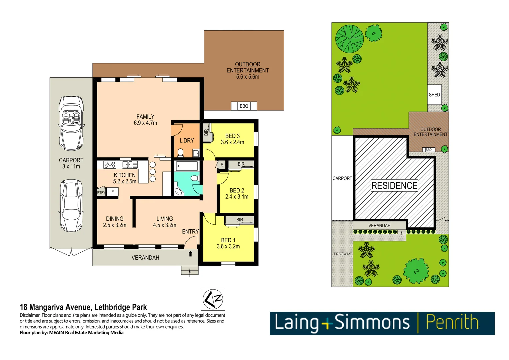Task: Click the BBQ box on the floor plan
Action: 244,106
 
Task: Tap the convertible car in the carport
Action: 71,123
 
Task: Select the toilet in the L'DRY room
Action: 180,153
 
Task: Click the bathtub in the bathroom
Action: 187,166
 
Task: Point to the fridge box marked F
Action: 113,192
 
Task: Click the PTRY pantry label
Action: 101,192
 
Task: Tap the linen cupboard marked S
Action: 222,165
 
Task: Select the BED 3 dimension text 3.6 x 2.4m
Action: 232,142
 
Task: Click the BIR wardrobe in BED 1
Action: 239,220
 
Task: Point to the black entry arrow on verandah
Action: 190,254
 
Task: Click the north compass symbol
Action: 213,299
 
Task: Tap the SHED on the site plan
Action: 434,95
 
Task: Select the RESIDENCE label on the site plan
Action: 394,186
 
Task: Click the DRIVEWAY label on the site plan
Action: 342,254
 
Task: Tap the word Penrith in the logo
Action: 452,323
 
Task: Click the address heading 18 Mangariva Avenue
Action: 83,307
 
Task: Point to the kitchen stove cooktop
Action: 110,164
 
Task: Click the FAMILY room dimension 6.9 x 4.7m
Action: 145,123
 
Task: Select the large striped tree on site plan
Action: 349,38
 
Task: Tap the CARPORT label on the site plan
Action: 342,178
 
